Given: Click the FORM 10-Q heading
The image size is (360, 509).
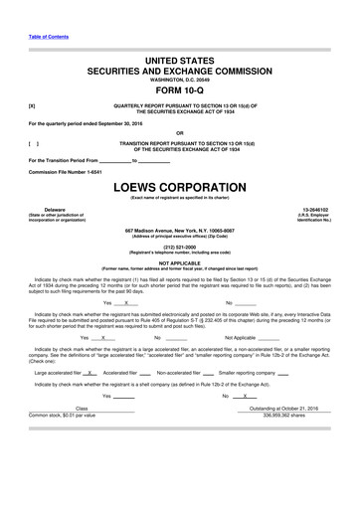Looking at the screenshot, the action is pos(180,89).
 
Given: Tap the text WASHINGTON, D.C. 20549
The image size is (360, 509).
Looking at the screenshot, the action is pos(180,79).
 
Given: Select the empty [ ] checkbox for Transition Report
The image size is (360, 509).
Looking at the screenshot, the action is pos(33,143).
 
